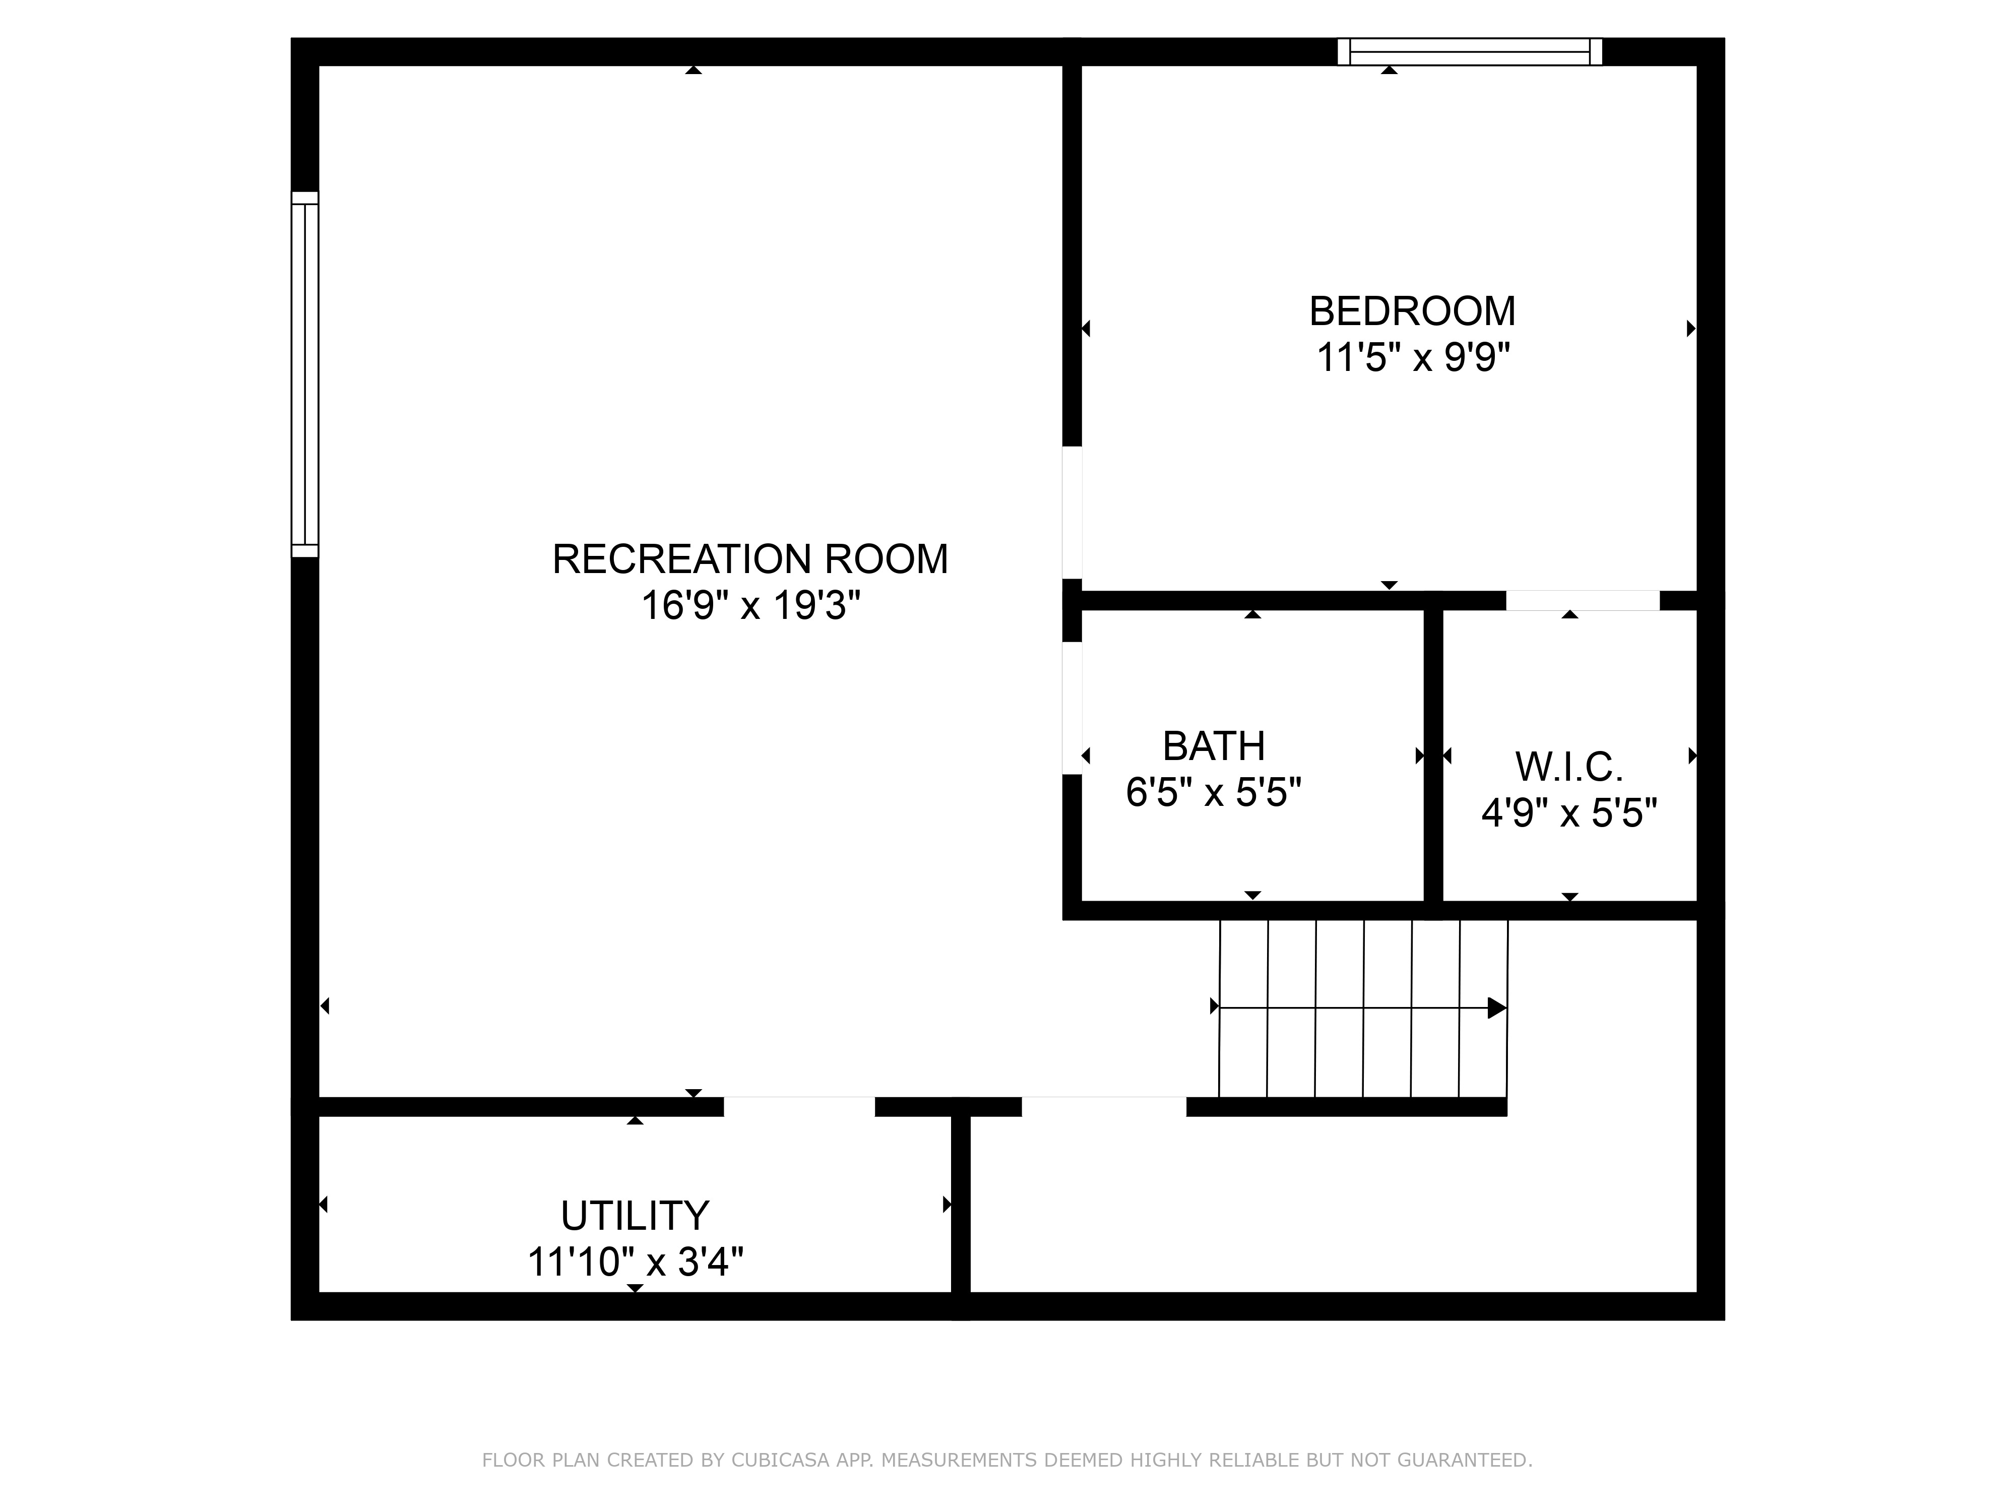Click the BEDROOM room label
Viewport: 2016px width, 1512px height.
(1412, 311)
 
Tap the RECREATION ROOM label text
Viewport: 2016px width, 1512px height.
(750, 558)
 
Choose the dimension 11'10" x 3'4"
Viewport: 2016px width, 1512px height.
(635, 1263)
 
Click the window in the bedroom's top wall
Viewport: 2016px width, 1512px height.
(1469, 52)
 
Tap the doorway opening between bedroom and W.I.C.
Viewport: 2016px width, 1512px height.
(1582, 601)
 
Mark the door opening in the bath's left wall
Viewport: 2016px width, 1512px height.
(1073, 708)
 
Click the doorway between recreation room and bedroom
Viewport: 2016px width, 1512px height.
(1073, 512)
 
